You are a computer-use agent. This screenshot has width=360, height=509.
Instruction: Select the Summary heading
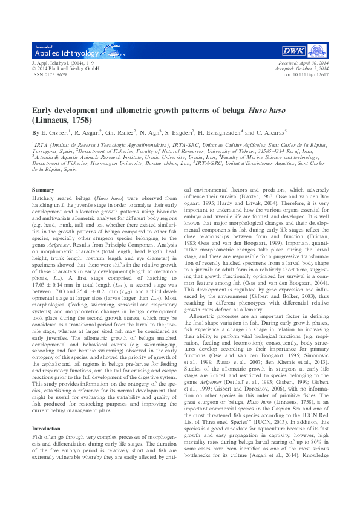coord(43,190)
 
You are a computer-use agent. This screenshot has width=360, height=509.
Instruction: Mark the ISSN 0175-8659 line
coord(49,74)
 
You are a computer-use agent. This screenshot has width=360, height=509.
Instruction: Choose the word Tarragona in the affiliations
coord(47,151)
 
